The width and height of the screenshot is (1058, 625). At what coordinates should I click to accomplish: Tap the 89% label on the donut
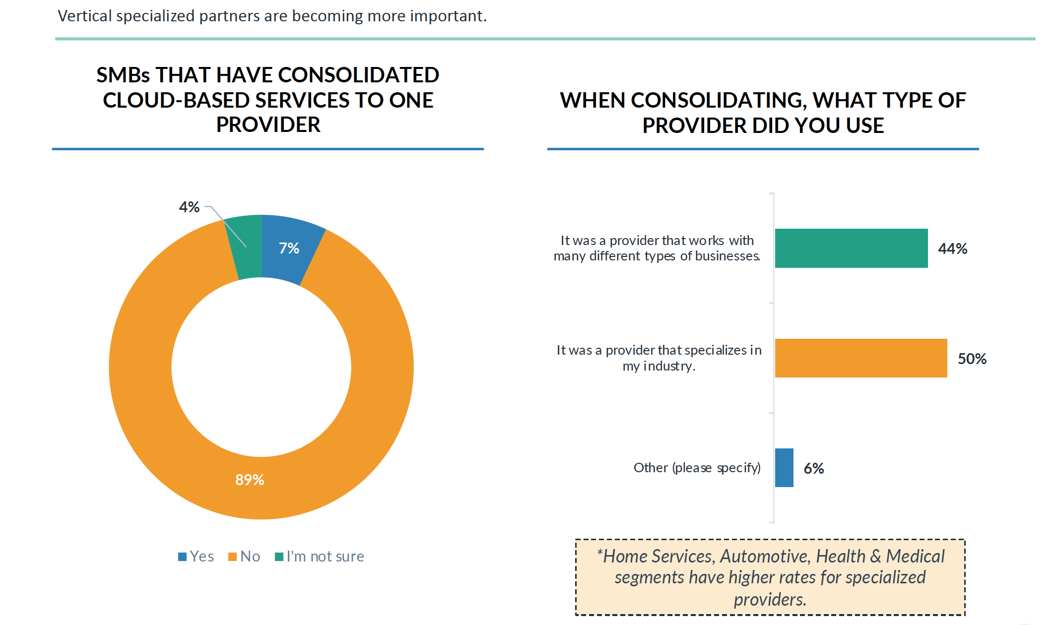(x=250, y=480)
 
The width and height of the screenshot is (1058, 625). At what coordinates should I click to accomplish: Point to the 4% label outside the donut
(x=189, y=207)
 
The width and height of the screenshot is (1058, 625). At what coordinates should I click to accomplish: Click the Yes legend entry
(x=197, y=556)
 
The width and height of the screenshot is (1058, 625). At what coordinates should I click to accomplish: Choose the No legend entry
(x=245, y=556)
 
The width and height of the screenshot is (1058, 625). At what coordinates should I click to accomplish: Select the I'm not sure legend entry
(x=320, y=556)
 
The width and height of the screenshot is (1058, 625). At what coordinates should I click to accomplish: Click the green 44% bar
(x=851, y=248)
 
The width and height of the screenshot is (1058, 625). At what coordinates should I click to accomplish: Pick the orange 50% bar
(x=860, y=358)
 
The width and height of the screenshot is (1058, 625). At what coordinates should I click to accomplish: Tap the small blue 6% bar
(x=784, y=468)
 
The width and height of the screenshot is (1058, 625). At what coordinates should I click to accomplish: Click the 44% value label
(x=952, y=249)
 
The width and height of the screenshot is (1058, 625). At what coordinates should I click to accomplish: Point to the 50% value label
(x=972, y=359)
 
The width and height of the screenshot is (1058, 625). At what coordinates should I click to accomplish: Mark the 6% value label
(x=814, y=468)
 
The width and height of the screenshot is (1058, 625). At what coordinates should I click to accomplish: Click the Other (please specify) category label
(x=697, y=468)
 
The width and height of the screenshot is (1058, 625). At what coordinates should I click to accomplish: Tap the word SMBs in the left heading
(x=123, y=75)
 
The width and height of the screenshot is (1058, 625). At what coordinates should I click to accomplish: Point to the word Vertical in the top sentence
(x=84, y=16)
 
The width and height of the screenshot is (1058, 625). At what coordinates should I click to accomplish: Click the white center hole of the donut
(x=261, y=367)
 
